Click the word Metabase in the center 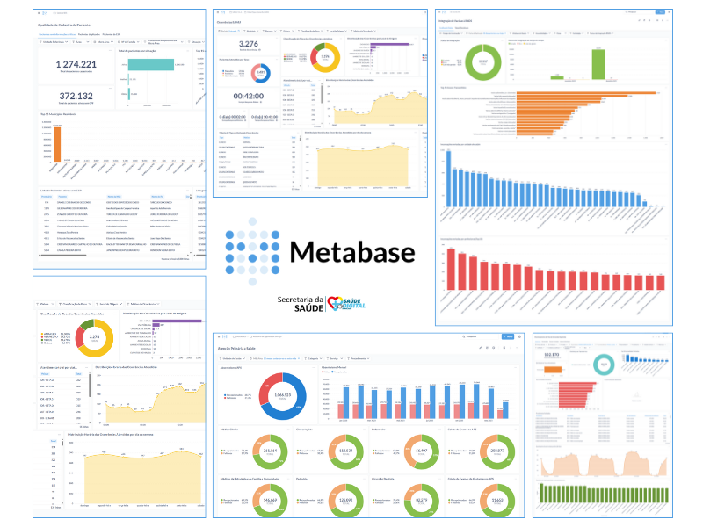(351, 252)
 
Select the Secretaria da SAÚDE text (300, 303)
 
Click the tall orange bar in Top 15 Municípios (58, 145)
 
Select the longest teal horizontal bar (151, 65)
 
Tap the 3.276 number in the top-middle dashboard (248, 43)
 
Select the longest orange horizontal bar (586, 92)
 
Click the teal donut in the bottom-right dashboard (604, 363)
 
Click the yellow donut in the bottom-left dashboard (94, 336)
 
